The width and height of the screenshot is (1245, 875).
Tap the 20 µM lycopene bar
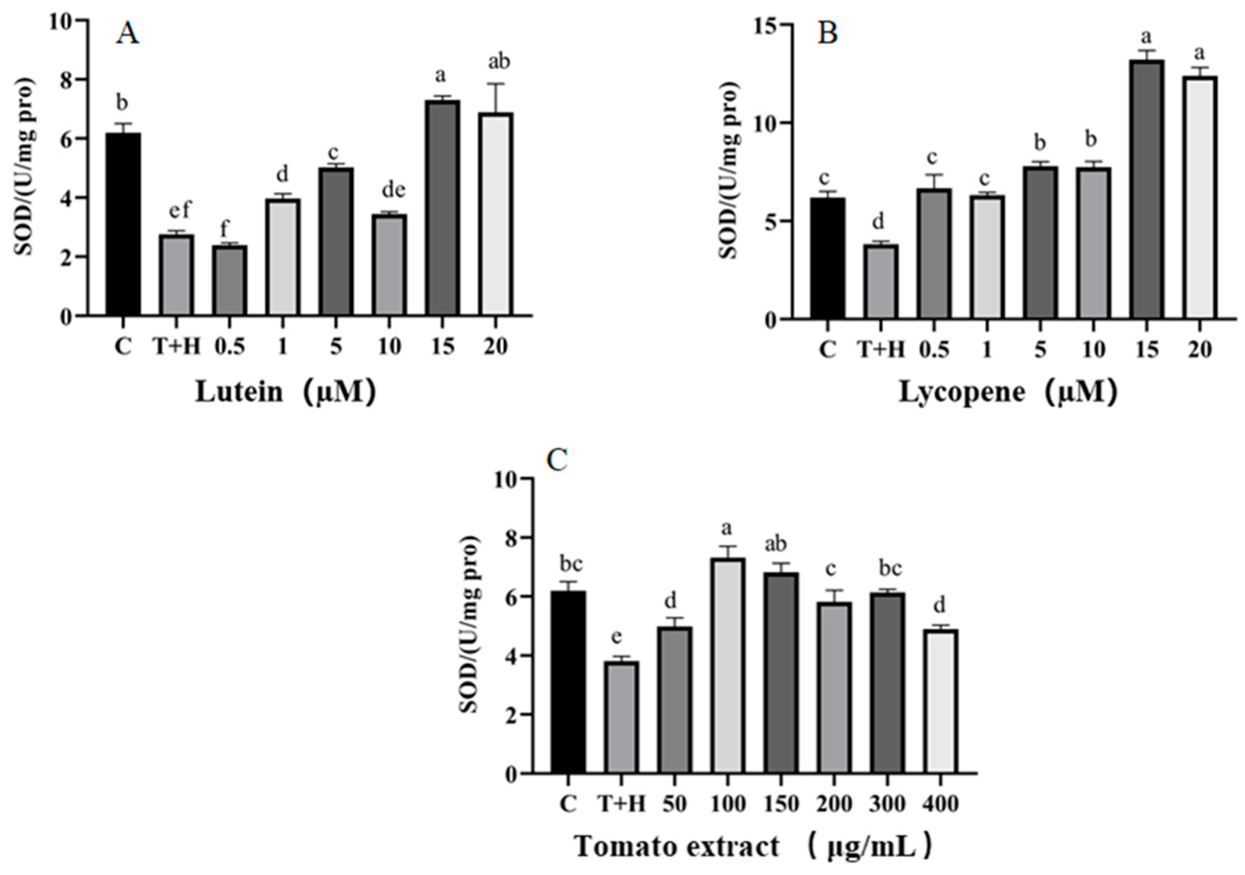(x=1200, y=197)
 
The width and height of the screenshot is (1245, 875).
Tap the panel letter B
(x=828, y=34)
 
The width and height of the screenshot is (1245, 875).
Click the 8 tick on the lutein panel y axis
(x=66, y=80)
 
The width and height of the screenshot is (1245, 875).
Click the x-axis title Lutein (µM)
(x=285, y=391)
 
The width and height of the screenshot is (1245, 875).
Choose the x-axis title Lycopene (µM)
(x=1008, y=391)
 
